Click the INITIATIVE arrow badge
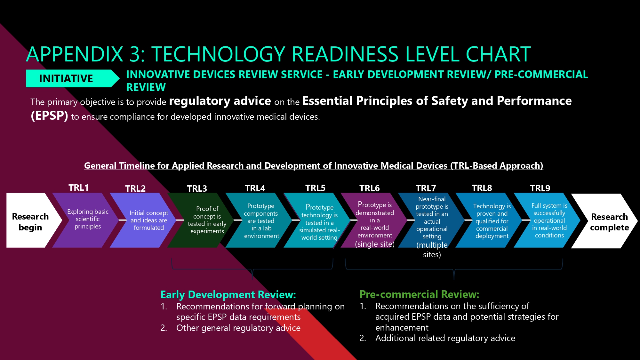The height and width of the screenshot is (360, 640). click(72, 78)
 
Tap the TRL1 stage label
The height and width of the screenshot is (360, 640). click(78, 188)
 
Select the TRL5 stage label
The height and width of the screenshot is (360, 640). click(315, 188)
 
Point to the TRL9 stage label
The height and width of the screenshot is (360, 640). click(540, 188)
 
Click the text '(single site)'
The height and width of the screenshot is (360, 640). click(375, 244)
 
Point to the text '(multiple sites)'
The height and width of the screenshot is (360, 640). click(432, 250)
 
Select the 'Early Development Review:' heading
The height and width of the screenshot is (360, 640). click(228, 294)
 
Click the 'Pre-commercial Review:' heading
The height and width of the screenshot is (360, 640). click(419, 294)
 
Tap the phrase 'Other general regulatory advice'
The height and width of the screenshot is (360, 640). click(238, 328)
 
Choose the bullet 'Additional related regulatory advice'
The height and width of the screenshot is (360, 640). click(445, 338)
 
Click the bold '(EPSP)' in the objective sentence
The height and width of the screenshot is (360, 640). click(49, 116)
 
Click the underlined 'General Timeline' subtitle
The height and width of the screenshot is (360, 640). click(314, 166)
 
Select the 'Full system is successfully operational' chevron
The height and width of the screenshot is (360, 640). click(547, 220)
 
